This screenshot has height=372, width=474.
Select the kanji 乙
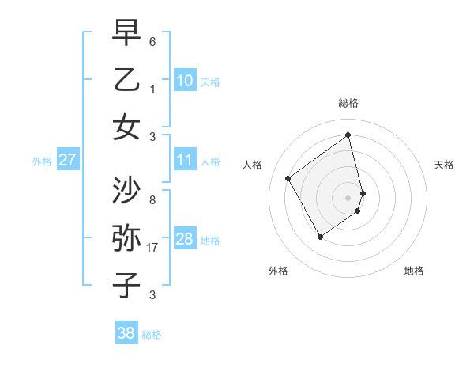(126, 80)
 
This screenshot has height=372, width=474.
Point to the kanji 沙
(126, 191)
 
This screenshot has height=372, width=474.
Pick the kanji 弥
(126, 238)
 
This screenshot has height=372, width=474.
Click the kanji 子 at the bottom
(126, 285)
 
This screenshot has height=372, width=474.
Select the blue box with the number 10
(185, 80)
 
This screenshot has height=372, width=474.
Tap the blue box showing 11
(185, 161)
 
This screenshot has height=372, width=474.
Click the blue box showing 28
(185, 239)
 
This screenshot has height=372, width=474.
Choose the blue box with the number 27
(67, 161)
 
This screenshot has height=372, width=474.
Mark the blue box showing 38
(126, 333)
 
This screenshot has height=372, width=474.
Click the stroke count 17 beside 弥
(152, 248)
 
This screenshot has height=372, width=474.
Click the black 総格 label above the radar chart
(348, 103)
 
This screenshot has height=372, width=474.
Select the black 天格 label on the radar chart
(444, 165)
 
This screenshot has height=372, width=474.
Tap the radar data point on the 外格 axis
(320, 236)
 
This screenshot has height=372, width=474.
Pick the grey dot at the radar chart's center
(348, 197)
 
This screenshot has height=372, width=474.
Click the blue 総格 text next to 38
(152, 335)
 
